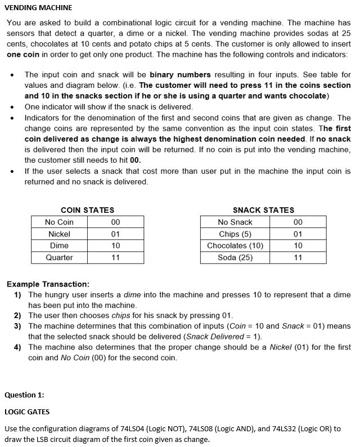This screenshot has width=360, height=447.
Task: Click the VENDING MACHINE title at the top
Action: tap(38, 8)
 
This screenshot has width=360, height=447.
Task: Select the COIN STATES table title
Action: tap(87, 210)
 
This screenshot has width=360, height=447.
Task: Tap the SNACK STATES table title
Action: tap(263, 210)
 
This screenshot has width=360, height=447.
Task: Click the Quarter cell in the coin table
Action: tap(59, 257)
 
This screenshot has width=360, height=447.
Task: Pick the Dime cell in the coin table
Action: tap(59, 245)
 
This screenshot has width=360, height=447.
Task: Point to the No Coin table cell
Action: tap(59, 222)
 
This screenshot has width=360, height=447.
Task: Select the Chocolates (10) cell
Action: tap(235, 245)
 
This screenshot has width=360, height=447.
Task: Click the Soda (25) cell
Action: tap(235, 257)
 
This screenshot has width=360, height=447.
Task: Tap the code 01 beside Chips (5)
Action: tap(298, 234)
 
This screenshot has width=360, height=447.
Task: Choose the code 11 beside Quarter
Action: tap(116, 257)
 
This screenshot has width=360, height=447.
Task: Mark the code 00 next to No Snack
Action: tap(298, 222)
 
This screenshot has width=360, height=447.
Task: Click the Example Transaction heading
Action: tap(47, 284)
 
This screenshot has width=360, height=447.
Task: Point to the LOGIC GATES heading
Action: tap(27, 412)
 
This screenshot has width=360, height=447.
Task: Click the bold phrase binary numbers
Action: tap(181, 74)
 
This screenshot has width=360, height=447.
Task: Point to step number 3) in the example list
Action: tap(17, 326)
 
